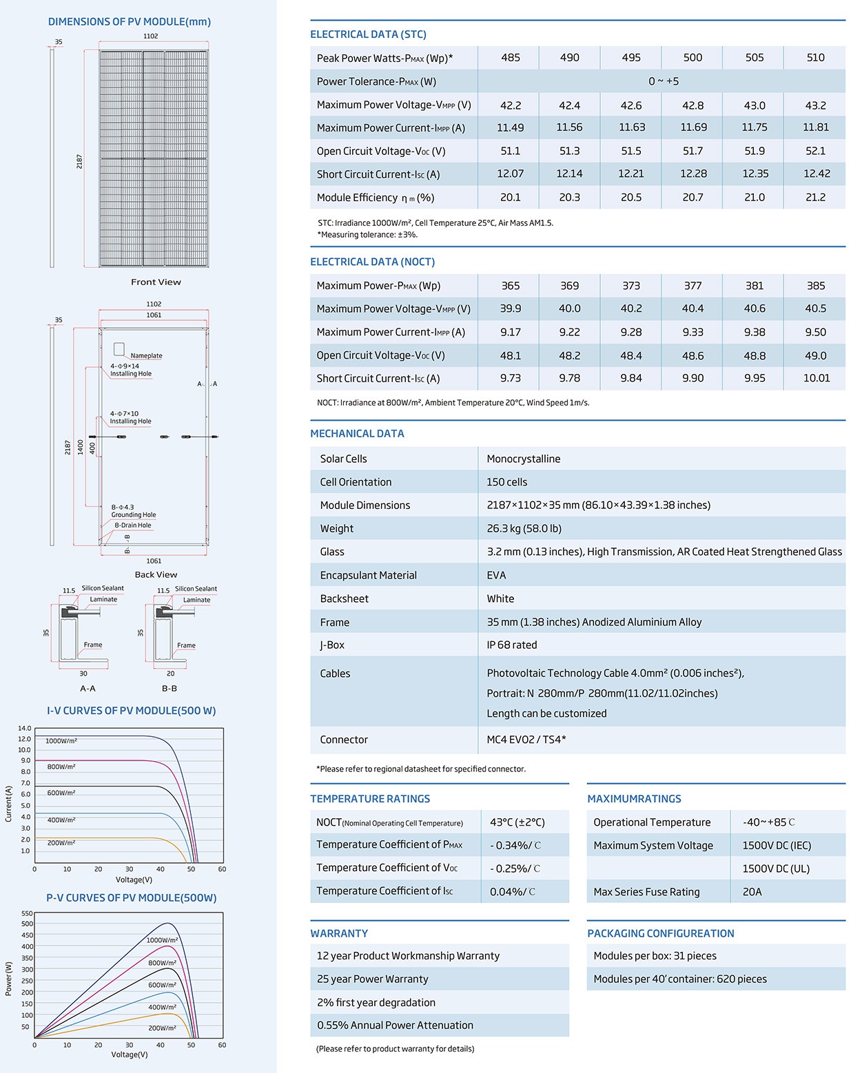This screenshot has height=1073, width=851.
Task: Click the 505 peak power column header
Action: click(755, 58)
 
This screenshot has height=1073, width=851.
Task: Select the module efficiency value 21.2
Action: click(816, 198)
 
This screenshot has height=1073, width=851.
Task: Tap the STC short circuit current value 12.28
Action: click(693, 174)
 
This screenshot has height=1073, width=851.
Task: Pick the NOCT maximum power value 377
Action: click(693, 286)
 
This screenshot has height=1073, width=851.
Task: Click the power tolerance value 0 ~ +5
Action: click(664, 81)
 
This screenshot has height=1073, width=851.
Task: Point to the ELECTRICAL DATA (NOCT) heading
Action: click(373, 262)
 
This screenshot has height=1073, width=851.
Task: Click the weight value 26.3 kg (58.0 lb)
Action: click(524, 528)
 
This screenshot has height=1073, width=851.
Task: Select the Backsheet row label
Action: click(345, 598)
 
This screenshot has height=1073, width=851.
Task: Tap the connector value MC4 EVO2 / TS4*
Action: click(526, 740)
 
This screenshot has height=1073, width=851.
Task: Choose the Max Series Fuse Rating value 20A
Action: click(752, 892)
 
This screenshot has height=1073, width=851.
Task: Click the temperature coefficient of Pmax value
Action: click(515, 845)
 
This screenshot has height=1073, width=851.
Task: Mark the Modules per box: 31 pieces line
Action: click(655, 956)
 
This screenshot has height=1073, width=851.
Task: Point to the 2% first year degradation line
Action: click(376, 1003)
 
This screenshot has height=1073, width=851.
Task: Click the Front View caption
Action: click(156, 282)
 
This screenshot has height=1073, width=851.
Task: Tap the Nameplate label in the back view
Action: click(146, 355)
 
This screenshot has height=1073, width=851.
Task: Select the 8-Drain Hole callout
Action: click(133, 525)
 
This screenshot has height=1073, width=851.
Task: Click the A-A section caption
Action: click(88, 689)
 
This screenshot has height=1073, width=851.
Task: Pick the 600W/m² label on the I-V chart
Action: click(61, 793)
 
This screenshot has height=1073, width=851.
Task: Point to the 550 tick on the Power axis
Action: click(27, 913)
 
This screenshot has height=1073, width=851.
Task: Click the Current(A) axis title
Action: click(8, 804)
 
